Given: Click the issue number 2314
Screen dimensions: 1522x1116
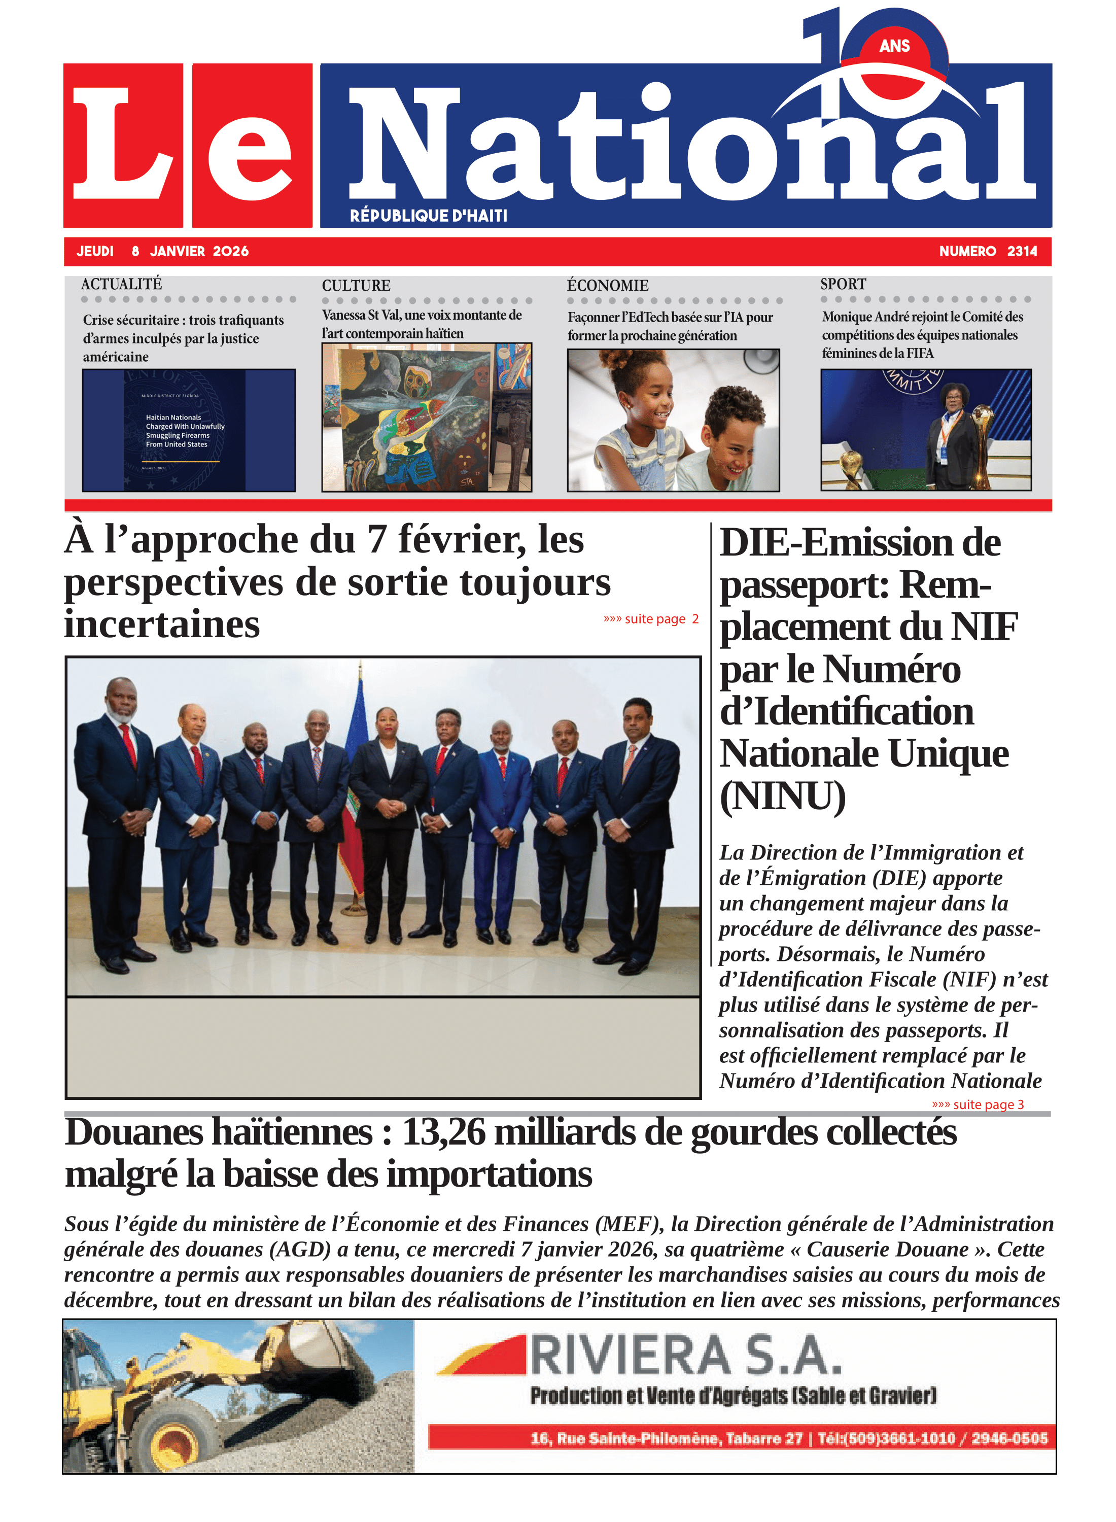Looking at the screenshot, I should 1022,251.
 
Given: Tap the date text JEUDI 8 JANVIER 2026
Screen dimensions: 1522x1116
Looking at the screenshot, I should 162,251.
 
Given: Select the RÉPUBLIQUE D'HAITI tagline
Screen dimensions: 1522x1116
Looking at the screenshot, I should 428,216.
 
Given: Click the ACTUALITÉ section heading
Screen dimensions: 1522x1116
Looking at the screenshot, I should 122,284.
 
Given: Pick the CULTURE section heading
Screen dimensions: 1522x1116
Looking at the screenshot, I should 356,285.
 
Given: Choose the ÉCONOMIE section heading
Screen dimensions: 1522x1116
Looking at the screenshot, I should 607,285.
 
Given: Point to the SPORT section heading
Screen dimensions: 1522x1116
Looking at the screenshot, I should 843,284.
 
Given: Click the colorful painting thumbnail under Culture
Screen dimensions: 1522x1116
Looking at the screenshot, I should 426,417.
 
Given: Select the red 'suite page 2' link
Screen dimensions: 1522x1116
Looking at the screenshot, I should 650,619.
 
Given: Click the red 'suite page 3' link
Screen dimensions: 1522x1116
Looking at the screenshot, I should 978,1104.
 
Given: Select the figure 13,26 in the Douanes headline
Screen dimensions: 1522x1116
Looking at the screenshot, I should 443,1133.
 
